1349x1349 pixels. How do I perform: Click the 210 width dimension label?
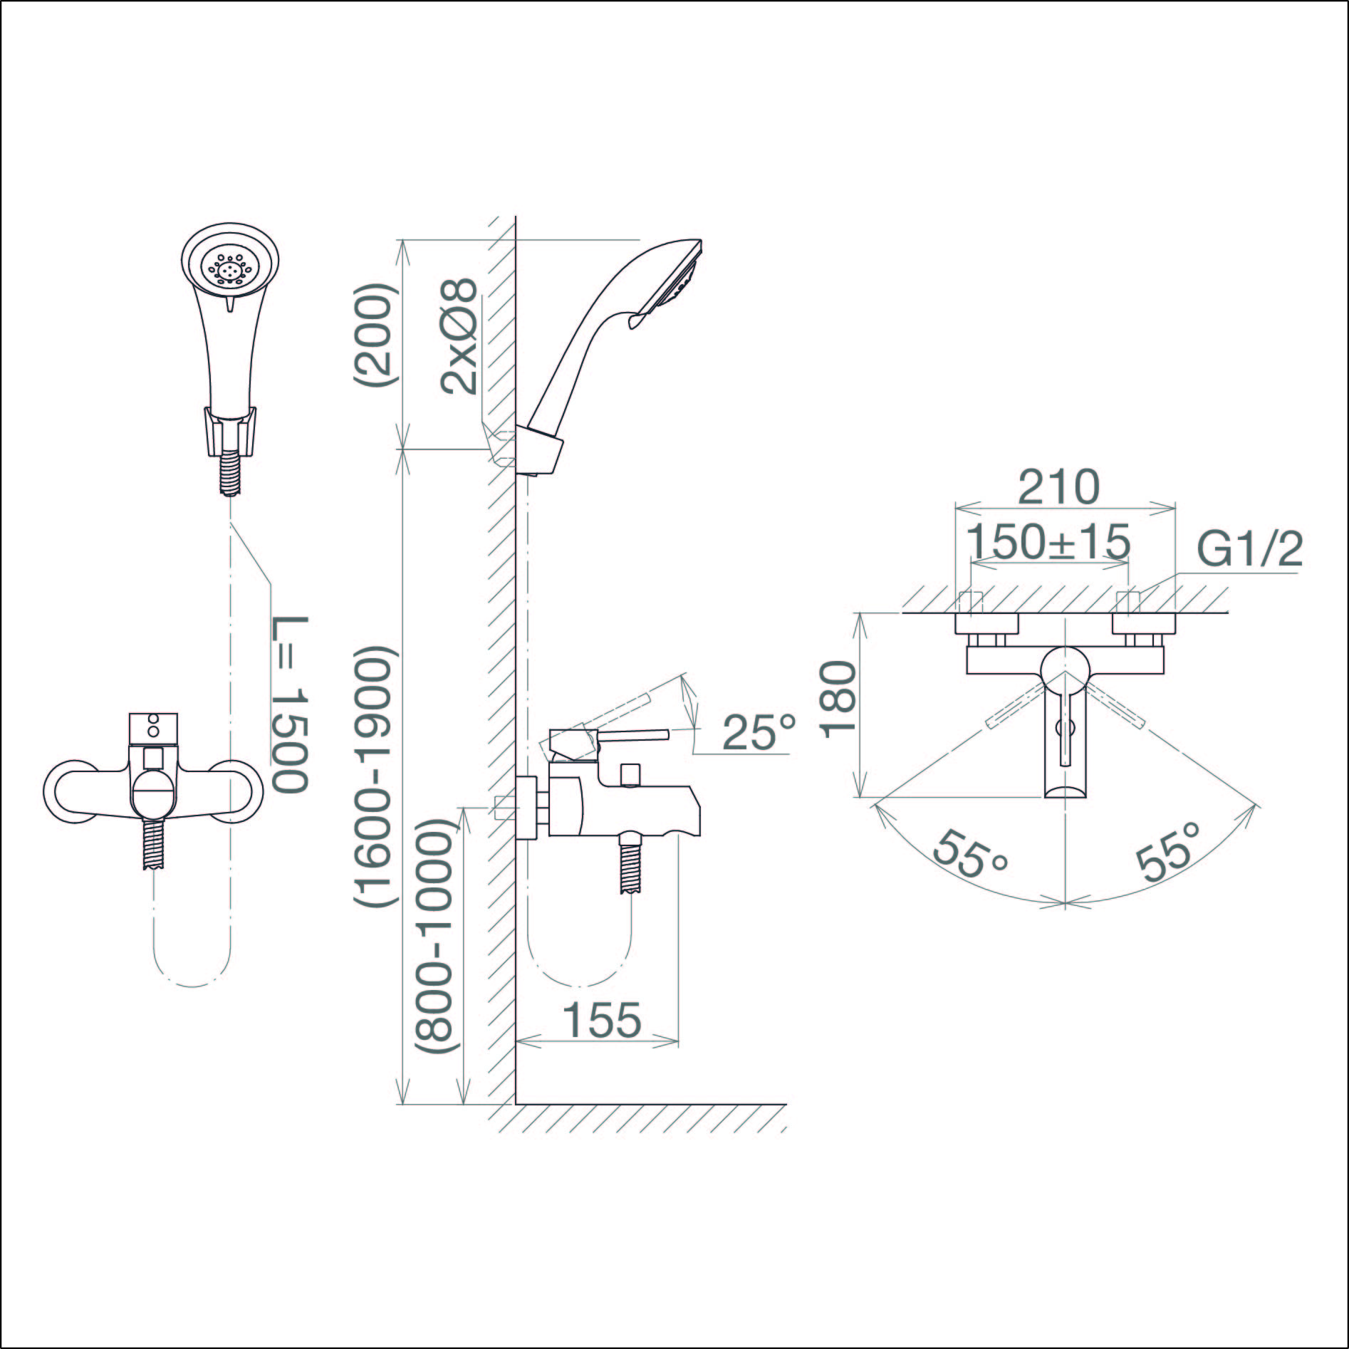pos(1059,488)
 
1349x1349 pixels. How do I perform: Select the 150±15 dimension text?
pos(1051,542)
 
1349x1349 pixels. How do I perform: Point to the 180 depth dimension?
pos(838,698)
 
